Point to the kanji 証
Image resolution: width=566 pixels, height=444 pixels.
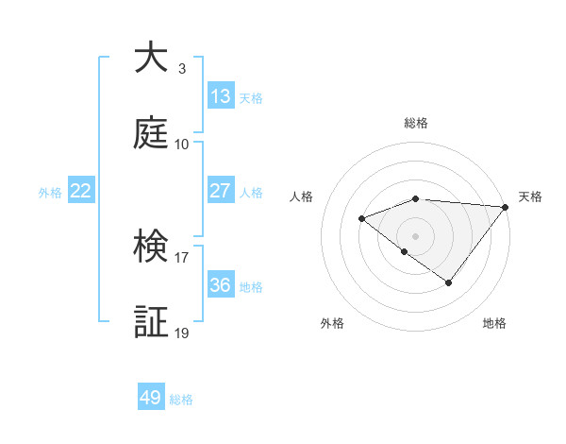(x=151, y=321)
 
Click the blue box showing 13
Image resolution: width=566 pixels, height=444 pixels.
(x=221, y=96)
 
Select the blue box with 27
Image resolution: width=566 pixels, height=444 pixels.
(x=221, y=191)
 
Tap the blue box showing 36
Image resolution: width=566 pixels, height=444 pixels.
(x=221, y=285)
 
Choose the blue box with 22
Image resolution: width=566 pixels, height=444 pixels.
(x=81, y=191)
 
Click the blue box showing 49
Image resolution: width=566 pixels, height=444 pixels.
(x=151, y=398)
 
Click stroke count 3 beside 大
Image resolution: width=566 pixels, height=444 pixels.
(x=182, y=68)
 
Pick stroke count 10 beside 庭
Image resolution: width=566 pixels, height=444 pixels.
(x=182, y=145)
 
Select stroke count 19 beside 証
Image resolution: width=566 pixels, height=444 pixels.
(x=182, y=333)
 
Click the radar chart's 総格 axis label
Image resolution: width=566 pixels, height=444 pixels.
(x=416, y=124)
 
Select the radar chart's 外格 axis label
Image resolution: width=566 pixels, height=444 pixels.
(x=332, y=323)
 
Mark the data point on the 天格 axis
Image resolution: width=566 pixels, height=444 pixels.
(x=506, y=207)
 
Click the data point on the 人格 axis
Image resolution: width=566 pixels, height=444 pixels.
(x=361, y=219)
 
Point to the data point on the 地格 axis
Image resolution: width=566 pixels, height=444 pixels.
(x=449, y=282)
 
